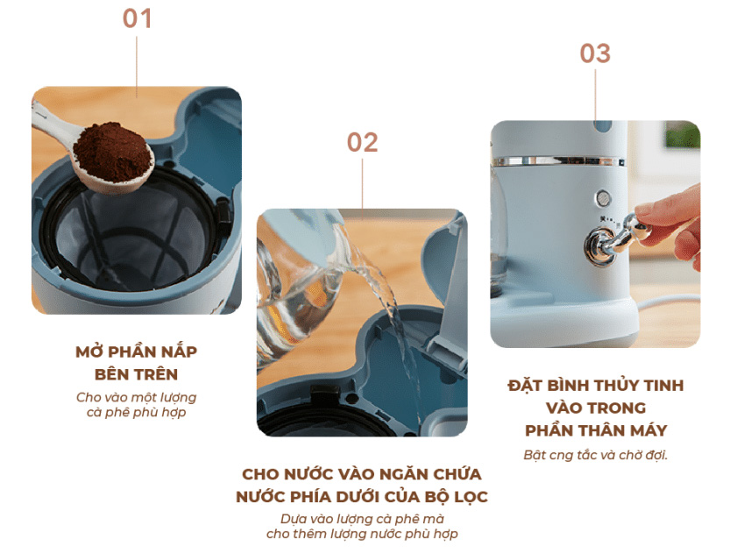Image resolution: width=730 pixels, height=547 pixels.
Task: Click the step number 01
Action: tap(137, 19)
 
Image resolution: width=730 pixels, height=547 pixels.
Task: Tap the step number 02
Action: tap(362, 143)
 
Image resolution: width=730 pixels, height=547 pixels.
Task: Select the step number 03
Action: tap(595, 53)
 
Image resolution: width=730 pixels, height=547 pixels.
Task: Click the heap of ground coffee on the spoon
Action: tap(113, 152)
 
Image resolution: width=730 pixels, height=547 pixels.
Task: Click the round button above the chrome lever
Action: tap(603, 198)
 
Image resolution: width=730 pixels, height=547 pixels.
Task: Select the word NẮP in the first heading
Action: tap(179, 352)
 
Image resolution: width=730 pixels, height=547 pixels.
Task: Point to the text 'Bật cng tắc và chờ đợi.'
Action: tap(595, 455)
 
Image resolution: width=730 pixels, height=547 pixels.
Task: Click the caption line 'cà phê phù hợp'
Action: tap(137, 413)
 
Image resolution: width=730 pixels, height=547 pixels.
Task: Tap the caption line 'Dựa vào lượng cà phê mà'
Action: tap(362, 519)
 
